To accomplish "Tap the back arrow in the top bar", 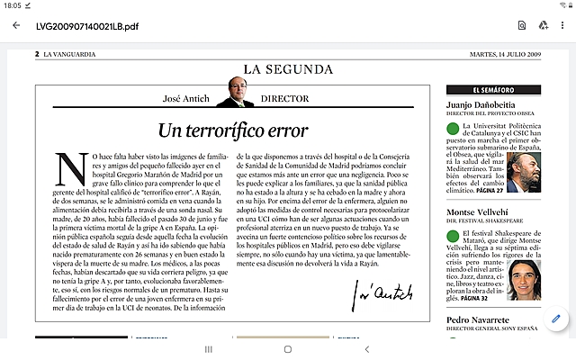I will pos(16,25).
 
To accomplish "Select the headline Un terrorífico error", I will pos(233,129).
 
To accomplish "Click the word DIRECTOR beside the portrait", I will pos(284,98).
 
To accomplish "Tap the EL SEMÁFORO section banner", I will pos(493,91).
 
